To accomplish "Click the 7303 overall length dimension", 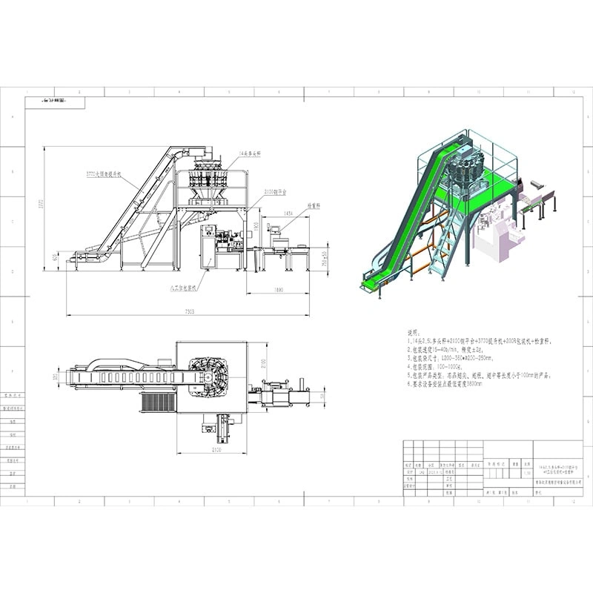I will pos(187,312).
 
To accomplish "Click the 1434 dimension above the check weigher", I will pos(288,213).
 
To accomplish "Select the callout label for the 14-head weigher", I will pos(254,153).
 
